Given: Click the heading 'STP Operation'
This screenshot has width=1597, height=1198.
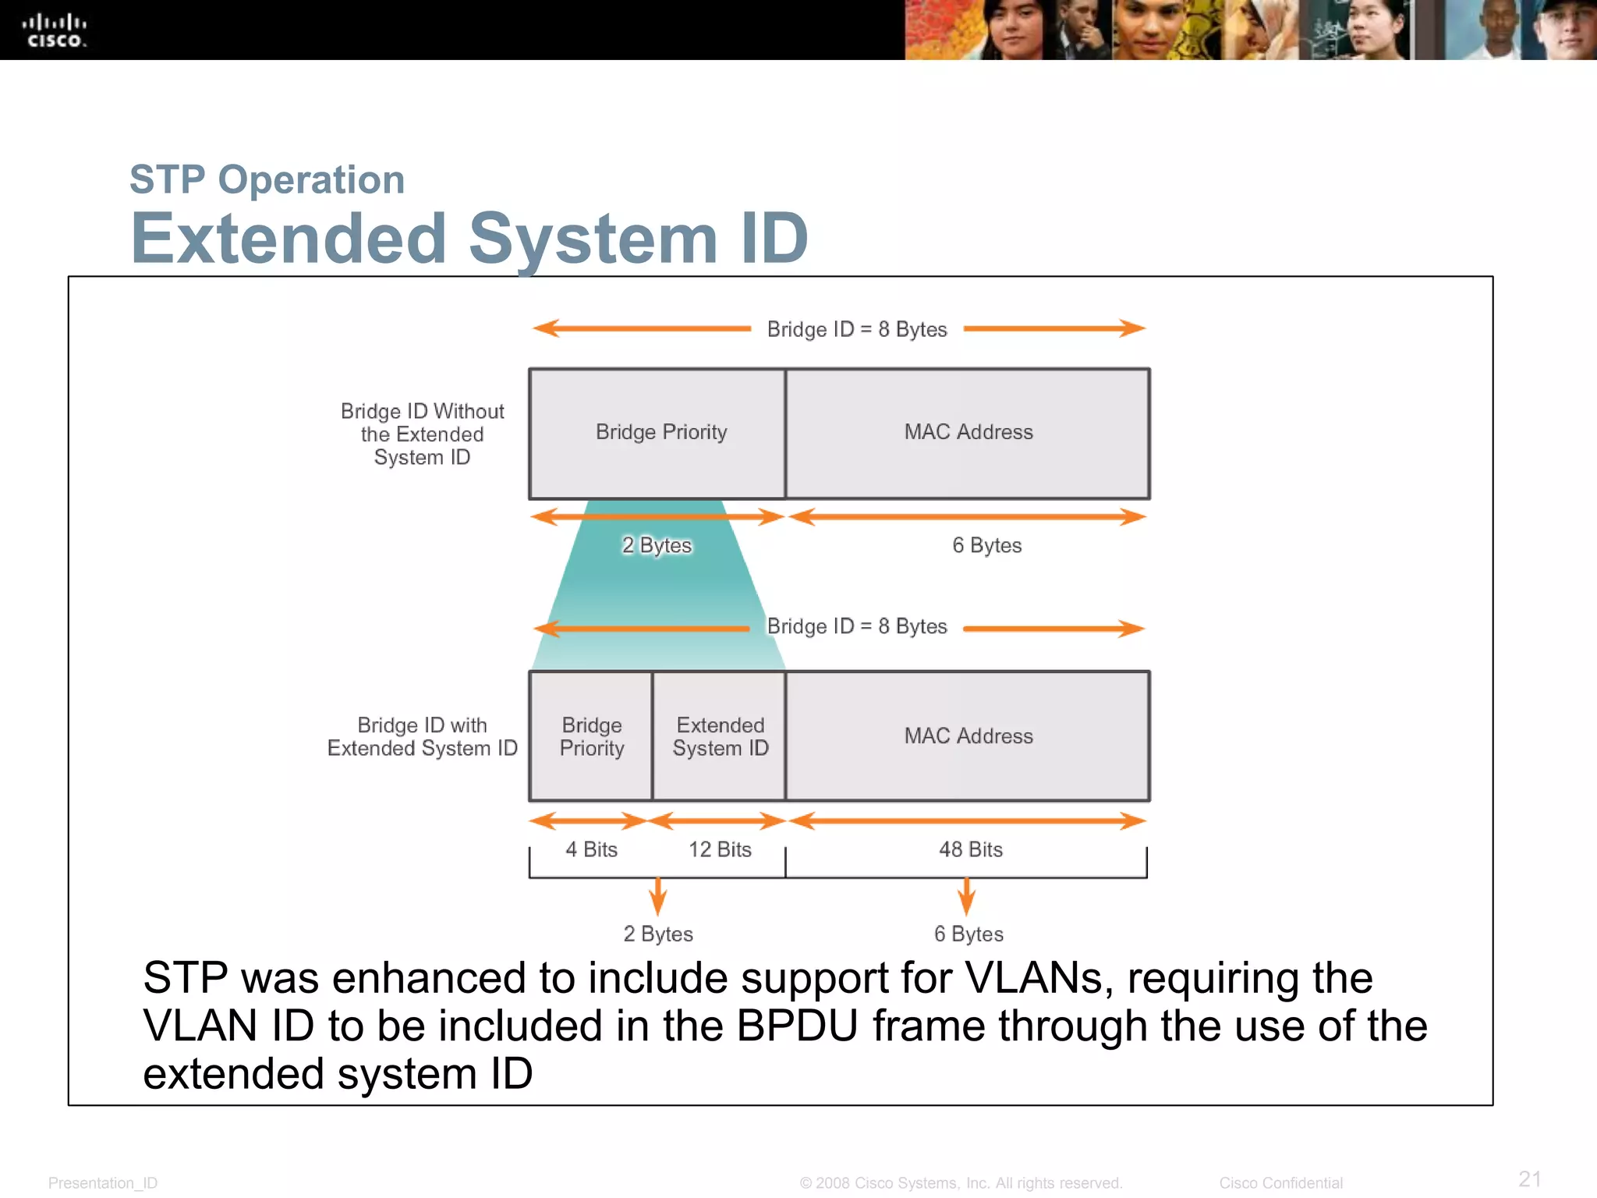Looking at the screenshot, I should point(267,179).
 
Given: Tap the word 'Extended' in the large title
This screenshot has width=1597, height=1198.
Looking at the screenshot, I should point(289,239).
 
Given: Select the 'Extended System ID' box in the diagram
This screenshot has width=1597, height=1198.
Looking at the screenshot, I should point(720,736).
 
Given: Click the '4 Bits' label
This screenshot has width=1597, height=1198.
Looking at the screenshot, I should point(591,849).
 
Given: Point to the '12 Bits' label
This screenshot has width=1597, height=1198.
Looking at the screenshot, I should point(720,849).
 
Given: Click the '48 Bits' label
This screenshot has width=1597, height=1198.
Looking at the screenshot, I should point(970,849).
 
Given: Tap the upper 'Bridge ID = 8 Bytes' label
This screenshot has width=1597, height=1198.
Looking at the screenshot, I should point(856,329).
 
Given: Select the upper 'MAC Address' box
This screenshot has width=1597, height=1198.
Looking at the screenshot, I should point(968,433).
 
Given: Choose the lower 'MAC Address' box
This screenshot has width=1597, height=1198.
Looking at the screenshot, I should point(968,736).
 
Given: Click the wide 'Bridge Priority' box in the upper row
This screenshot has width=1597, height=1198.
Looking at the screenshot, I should point(660,433).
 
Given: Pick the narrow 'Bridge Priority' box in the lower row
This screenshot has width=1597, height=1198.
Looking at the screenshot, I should point(591,736).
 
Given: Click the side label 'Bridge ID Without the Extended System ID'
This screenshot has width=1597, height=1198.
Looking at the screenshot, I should point(422,434).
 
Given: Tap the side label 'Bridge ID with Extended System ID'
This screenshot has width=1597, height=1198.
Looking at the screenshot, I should point(422,736).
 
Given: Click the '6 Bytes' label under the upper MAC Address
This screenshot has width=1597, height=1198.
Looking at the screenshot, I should point(986,545).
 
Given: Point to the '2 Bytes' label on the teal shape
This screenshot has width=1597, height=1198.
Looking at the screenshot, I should point(657,545).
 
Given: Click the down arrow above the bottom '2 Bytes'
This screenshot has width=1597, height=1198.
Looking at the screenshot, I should point(658,895).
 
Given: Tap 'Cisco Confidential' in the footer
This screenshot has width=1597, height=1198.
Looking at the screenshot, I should point(1280,1182).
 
